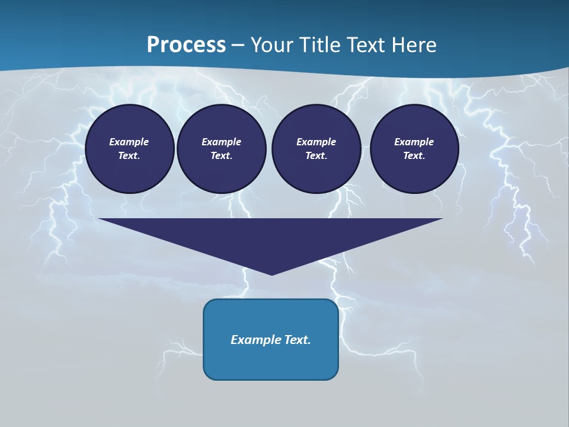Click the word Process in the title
click(x=186, y=45)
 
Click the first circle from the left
click(x=129, y=149)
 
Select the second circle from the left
click(x=222, y=149)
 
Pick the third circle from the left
click(x=316, y=149)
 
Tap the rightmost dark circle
click(x=414, y=149)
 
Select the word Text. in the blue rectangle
click(x=297, y=340)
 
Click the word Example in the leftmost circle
click(x=129, y=142)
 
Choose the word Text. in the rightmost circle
click(x=414, y=156)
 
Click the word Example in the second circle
click(x=222, y=142)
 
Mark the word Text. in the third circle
click(x=316, y=156)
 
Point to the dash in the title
click(x=238, y=45)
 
